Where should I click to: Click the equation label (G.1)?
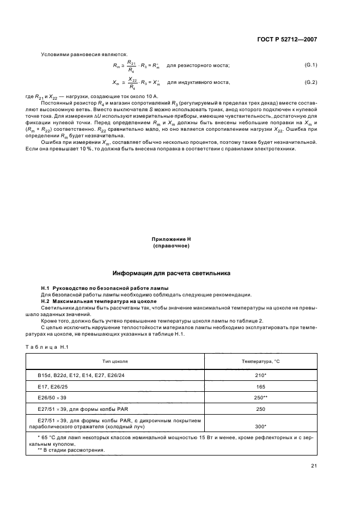310,65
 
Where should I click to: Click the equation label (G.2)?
310,82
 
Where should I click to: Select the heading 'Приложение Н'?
172,239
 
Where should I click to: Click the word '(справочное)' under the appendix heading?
172,246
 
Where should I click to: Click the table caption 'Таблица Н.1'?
46,347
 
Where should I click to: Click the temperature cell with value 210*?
260,375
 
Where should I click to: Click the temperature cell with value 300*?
260,427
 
